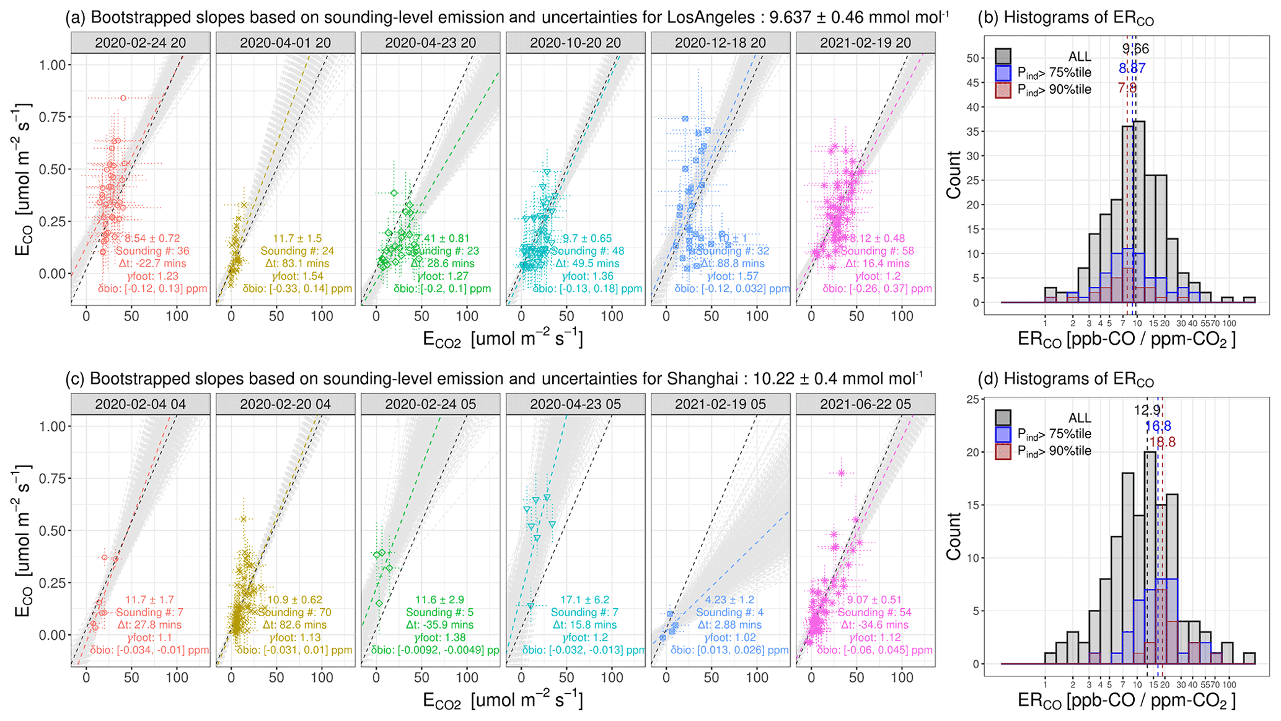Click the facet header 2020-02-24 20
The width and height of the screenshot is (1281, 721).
coord(140,43)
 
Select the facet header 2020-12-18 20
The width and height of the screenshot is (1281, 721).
coord(720,43)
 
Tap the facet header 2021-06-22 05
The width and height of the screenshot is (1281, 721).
coord(865,404)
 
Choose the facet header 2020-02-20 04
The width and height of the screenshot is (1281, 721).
coord(285,404)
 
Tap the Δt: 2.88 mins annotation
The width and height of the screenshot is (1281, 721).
coord(729,625)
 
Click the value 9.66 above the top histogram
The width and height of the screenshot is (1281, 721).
coord(1135,49)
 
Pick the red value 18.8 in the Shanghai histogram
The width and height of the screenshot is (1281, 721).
coord(1162,443)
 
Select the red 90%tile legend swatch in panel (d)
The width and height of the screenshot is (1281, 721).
coord(1003,451)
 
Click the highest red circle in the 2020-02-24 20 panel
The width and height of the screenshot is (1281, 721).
coord(123,98)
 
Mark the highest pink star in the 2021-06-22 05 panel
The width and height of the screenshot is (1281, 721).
coord(841,473)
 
